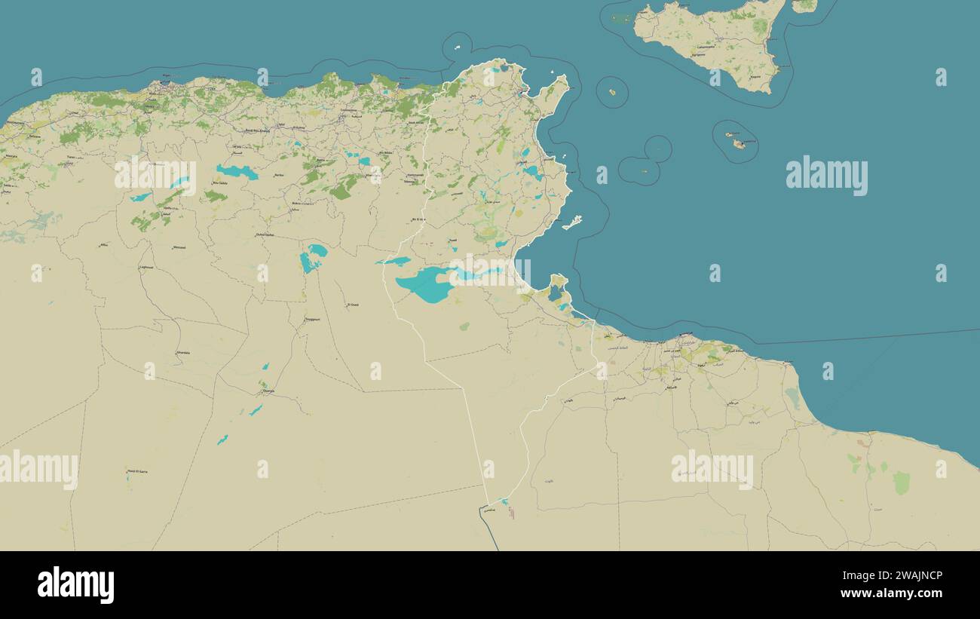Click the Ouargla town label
(268, 391)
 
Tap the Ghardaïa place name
(183, 352)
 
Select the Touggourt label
(312, 319)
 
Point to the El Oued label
(352, 305)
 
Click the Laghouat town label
(146, 267)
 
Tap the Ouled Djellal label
(265, 234)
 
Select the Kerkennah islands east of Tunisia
(573, 222)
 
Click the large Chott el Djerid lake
(426, 285)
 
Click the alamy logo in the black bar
(75, 585)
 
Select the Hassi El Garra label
(137, 471)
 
